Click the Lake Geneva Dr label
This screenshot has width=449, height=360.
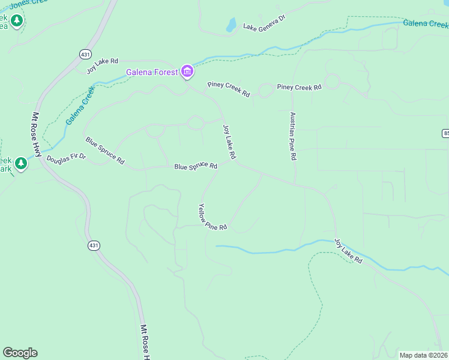point(264,26)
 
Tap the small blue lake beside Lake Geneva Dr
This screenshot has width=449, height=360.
point(231,25)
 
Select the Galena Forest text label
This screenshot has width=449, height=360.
point(152,73)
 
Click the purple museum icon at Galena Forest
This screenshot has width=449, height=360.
point(187,73)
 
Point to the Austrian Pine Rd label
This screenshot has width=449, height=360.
point(294,136)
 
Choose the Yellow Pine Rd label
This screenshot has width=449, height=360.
point(212,217)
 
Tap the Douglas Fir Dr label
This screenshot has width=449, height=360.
point(67,157)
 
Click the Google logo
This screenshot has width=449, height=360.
point(20,353)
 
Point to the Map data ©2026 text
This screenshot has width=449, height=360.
point(424,355)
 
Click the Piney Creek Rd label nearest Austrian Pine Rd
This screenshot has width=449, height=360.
point(299,87)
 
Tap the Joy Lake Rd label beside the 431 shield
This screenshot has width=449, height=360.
point(103,65)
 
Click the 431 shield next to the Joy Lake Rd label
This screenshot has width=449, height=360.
point(85,54)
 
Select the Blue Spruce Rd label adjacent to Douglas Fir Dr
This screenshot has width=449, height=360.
point(104,151)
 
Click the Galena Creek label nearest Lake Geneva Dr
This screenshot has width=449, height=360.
point(426,24)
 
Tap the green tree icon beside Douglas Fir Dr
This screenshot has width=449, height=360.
point(21,164)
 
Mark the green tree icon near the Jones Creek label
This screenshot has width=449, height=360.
point(17,21)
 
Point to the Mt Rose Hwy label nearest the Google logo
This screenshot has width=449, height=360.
point(145,342)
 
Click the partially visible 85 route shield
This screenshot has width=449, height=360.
point(446,132)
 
